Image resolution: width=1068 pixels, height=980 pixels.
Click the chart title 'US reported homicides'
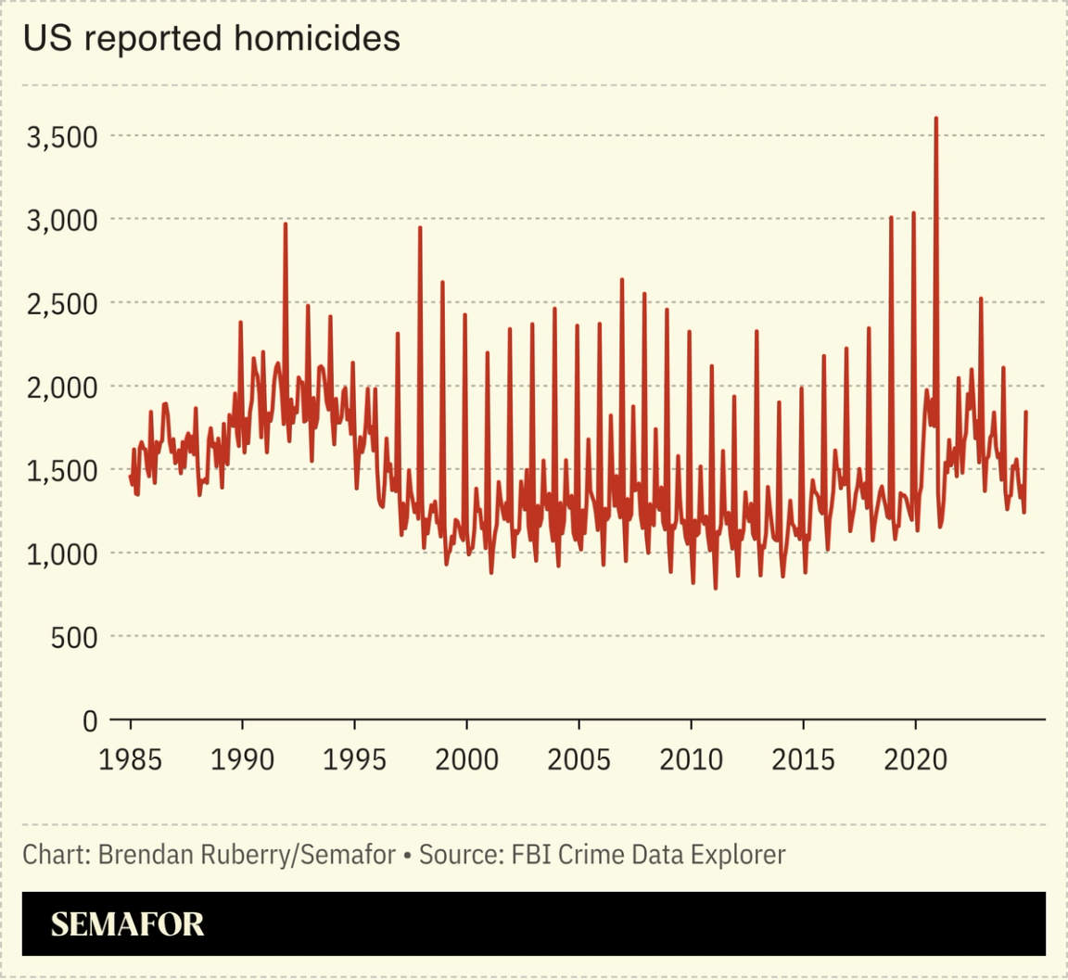pos(211,39)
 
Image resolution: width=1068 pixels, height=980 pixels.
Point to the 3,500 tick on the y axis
pos(62,137)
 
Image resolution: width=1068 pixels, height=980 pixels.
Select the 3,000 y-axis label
pos(62,221)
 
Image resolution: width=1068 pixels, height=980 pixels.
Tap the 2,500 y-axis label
pos(62,304)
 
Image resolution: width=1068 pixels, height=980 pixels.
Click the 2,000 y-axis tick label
pos(62,388)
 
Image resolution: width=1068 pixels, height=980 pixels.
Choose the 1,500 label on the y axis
pos(62,471)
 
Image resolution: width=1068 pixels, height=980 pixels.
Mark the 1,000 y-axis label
pos(62,554)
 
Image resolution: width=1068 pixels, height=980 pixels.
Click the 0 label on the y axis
pos(90,720)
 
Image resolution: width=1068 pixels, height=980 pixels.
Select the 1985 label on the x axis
pos(131,760)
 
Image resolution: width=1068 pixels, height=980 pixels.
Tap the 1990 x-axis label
pos(243,760)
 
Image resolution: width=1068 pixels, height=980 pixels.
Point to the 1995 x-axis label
pos(355,760)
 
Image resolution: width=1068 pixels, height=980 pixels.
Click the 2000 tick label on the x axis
pos(467,760)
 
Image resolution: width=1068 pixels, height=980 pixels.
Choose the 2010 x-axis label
pos(692,760)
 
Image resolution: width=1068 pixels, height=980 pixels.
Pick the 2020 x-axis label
pos(916,760)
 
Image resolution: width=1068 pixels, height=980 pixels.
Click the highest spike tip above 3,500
pos(936,119)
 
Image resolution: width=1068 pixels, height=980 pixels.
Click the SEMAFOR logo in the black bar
pos(127,924)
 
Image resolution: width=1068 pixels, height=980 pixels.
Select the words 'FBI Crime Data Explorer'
pos(648,854)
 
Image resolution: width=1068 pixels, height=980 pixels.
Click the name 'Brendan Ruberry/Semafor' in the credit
pos(247,854)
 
